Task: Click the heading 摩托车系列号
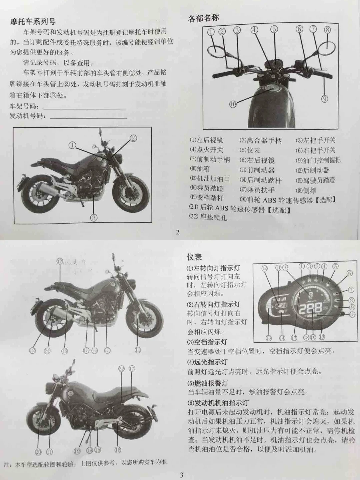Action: pos(33,22)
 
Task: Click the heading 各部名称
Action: pos(203,18)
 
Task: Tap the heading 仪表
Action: pos(194,257)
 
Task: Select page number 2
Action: pos(178,232)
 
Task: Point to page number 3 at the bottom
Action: pos(181,475)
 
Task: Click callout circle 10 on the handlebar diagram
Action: pos(233,104)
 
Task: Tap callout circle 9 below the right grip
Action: pos(325,99)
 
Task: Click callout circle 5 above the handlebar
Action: pos(274,29)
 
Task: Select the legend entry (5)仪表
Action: pos(250,151)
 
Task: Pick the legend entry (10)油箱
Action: pos(200,169)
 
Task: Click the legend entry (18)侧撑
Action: pos(306,190)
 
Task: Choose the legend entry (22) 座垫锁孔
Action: pos(208,217)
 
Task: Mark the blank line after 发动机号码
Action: pos(88,117)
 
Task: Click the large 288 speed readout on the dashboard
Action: pos(310,308)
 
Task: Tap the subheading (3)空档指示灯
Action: pos(207,342)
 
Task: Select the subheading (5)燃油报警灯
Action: pos(207,383)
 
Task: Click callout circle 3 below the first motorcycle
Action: pos(94,218)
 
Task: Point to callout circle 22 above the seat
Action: pos(121,369)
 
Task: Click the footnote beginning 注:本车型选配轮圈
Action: pos(85,463)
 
